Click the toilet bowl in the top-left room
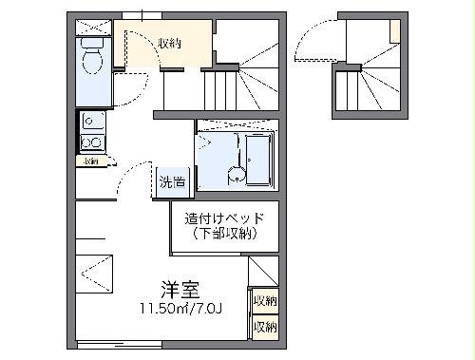click(93, 63)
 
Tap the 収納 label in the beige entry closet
click(170, 44)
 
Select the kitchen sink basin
click(92, 121)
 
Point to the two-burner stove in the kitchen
click(92, 142)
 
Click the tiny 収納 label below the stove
click(90, 161)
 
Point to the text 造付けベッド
click(225, 218)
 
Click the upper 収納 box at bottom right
click(264, 302)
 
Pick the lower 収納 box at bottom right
click(264, 327)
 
